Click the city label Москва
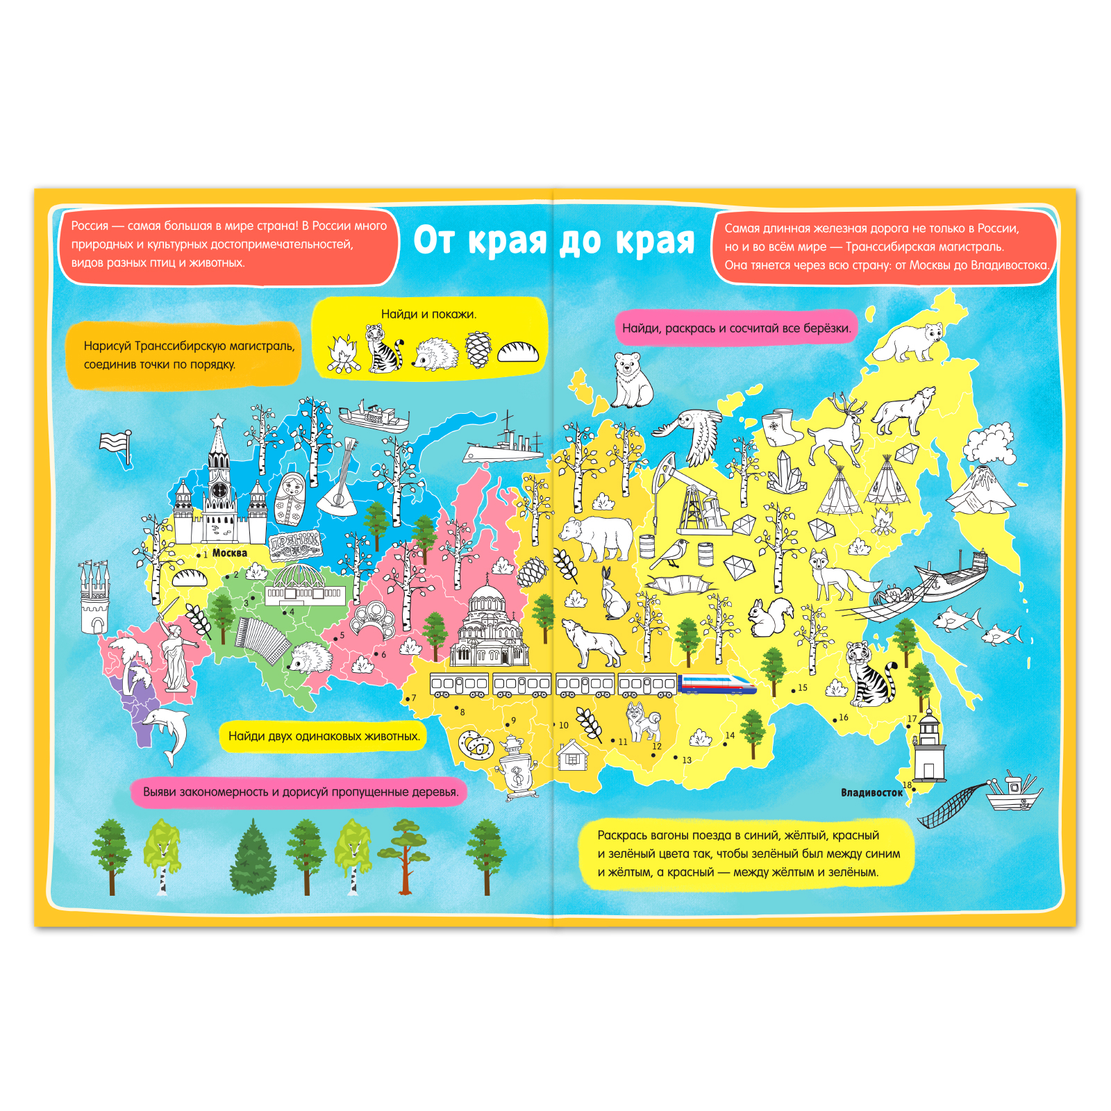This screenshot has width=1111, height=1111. tap(229, 553)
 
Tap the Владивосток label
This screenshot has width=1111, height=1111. tap(871, 792)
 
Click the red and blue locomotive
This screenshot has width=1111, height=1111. tap(717, 684)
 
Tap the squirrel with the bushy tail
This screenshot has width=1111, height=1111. tap(772, 617)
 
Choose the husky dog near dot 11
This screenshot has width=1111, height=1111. tap(643, 722)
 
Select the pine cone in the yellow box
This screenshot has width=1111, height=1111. tap(478, 349)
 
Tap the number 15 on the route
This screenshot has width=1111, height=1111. tap(803, 688)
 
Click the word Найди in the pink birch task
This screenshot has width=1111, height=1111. tap(640, 328)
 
